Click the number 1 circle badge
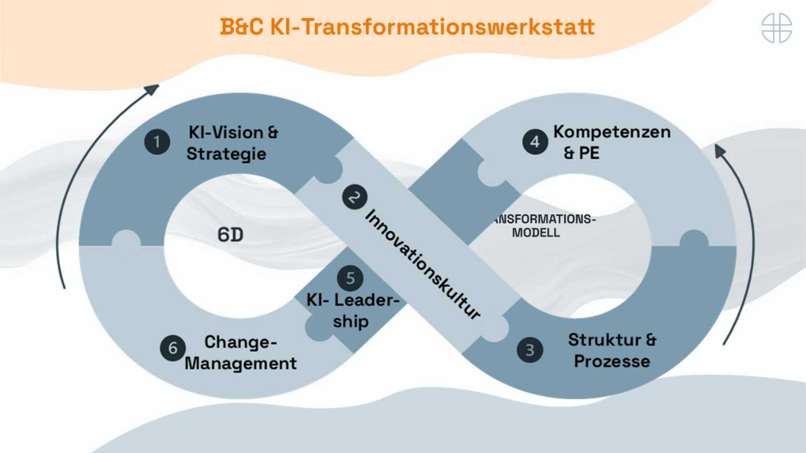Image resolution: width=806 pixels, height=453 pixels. (157, 142)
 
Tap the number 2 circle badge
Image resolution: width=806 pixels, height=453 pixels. (354, 197)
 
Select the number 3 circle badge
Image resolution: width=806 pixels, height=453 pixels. (530, 350)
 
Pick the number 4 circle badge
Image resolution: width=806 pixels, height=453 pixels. (535, 142)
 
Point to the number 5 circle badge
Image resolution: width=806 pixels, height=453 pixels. (350, 278)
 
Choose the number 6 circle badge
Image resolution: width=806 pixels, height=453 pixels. (173, 348)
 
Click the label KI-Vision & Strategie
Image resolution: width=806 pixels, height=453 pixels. (232, 143)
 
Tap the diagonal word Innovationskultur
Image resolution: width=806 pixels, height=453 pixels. (423, 265)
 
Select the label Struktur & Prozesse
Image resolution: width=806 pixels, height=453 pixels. (612, 350)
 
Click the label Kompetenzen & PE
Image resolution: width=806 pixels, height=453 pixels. (611, 142)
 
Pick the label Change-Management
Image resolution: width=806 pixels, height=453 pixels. (241, 353)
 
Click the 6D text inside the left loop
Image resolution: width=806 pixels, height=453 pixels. (230, 235)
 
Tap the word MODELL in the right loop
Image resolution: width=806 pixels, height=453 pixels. (536, 233)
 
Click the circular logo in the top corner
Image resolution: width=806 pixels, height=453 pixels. (776, 27)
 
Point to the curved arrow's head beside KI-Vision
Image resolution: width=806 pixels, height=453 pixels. (152, 89)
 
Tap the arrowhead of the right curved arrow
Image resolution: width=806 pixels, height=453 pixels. (720, 151)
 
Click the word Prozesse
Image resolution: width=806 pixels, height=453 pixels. (612, 361)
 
